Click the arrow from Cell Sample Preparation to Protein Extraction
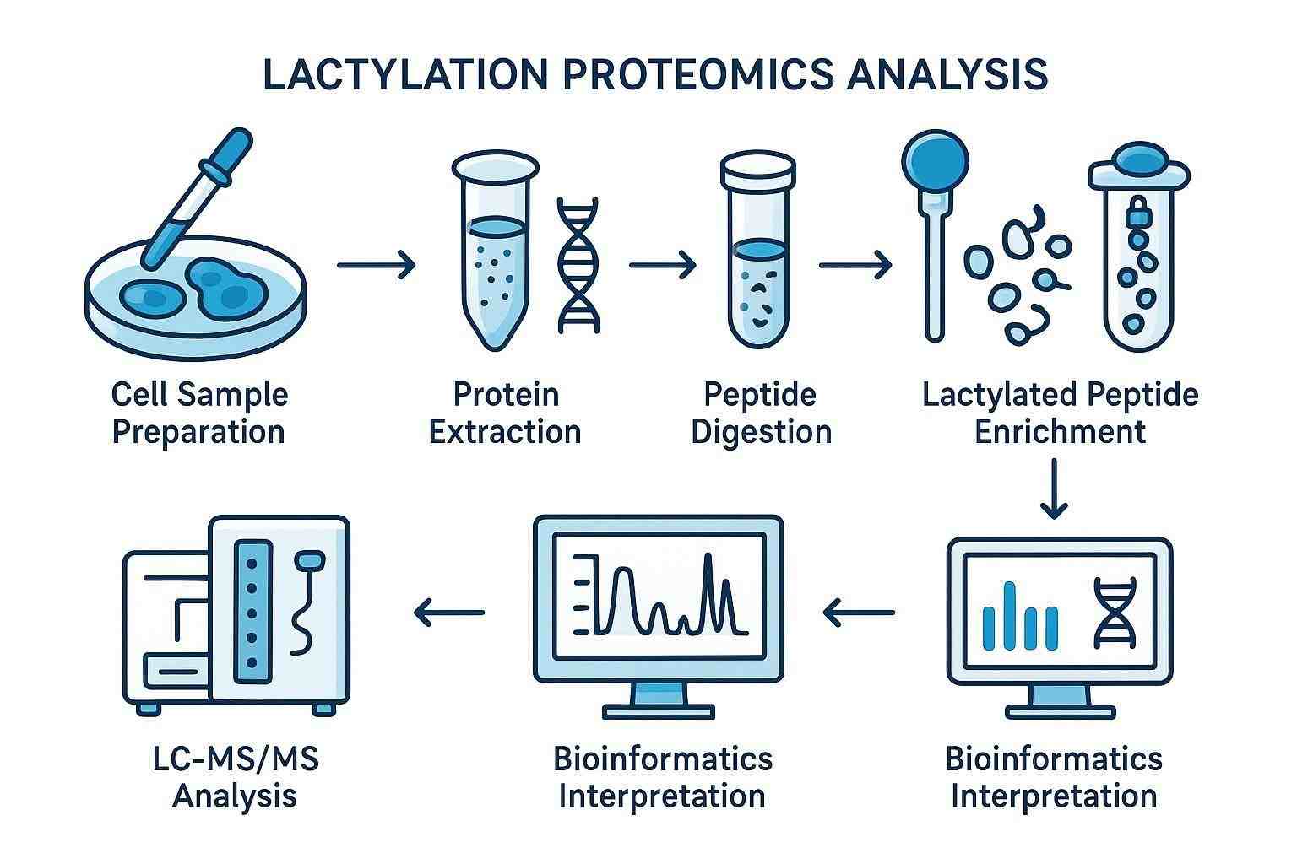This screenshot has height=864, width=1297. (377, 266)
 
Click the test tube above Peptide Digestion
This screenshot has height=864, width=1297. (757, 253)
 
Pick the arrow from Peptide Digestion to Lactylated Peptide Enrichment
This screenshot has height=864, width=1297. (855, 266)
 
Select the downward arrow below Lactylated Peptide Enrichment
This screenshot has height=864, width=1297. (1054, 489)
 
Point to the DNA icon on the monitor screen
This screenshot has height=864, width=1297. (1115, 613)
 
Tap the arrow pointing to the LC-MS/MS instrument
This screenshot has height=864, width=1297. (449, 613)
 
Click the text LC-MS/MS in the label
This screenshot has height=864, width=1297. (236, 759)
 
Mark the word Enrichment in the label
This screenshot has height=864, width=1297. (1060, 432)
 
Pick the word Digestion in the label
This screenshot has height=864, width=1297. (761, 432)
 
